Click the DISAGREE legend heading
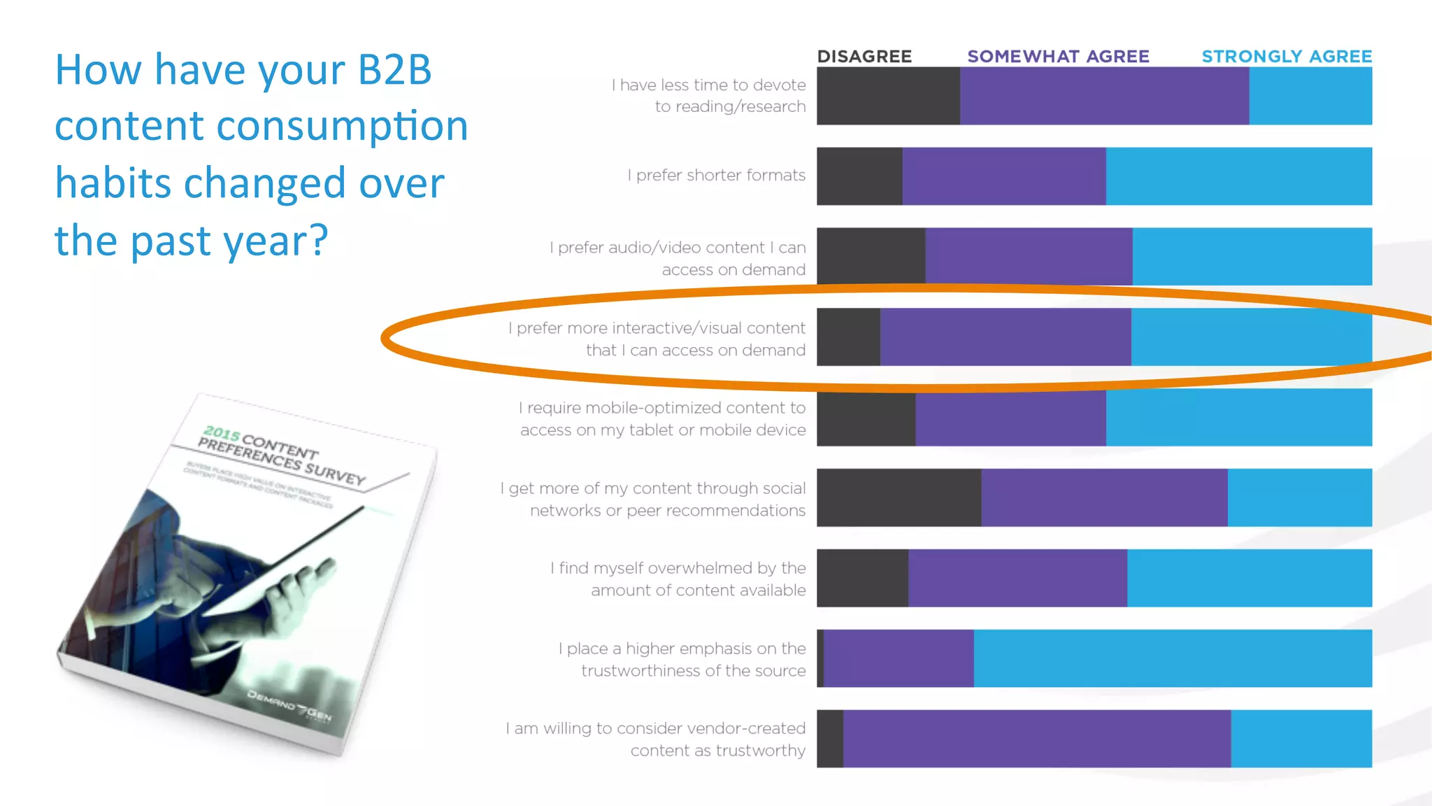pyautogui.click(x=864, y=57)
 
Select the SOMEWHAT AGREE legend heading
pyautogui.click(x=1058, y=57)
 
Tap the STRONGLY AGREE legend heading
pyautogui.click(x=1287, y=57)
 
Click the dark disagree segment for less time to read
pyautogui.click(x=888, y=96)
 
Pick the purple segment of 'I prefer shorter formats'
pyautogui.click(x=1004, y=176)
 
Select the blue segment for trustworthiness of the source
pyautogui.click(x=1173, y=658)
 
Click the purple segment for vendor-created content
pyautogui.click(x=1037, y=739)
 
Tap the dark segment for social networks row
pyautogui.click(x=898, y=497)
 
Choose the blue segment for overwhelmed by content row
pyautogui.click(x=1250, y=578)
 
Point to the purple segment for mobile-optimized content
pyautogui.click(x=1010, y=418)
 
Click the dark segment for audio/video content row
pyautogui.click(x=871, y=256)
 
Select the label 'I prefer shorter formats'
pyautogui.click(x=716, y=176)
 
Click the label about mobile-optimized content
pyautogui.click(x=662, y=418)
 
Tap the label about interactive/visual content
pyautogui.click(x=657, y=339)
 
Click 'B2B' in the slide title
pyautogui.click(x=394, y=70)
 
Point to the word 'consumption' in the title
pyautogui.click(x=342, y=126)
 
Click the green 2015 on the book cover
pyautogui.click(x=222, y=434)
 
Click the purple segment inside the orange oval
pyautogui.click(x=1005, y=337)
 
